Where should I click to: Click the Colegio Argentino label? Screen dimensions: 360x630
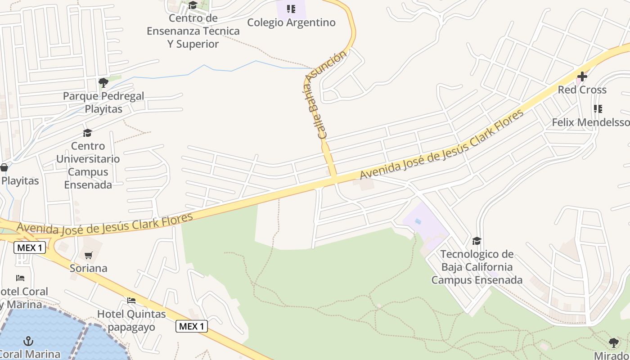point(291,22)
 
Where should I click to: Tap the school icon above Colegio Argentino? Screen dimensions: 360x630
point(291,9)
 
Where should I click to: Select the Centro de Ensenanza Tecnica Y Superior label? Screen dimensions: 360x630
point(193,31)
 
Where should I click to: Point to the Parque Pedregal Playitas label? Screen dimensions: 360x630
point(103,103)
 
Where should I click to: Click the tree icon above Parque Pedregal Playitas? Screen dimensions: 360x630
point(103,82)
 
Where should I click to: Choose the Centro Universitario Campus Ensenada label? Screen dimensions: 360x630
point(88,165)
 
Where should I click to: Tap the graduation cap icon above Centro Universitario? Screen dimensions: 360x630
point(87,133)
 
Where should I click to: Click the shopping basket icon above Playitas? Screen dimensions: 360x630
point(4,168)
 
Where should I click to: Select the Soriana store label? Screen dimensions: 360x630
point(89,268)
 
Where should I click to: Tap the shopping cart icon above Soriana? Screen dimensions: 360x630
point(89,255)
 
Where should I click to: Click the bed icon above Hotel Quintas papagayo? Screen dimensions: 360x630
point(131,300)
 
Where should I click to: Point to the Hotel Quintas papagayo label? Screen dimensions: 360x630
point(131,320)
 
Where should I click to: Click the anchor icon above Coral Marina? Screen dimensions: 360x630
point(28,341)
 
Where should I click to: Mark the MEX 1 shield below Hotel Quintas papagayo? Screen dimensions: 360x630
point(192,326)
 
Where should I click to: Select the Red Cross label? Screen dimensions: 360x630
point(582,90)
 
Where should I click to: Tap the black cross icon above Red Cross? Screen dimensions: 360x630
point(582,76)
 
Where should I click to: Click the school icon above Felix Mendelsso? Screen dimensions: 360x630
point(598,109)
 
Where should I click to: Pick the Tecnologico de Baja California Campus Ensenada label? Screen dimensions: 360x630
point(477,267)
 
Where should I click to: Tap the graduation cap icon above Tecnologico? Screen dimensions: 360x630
point(477,241)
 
